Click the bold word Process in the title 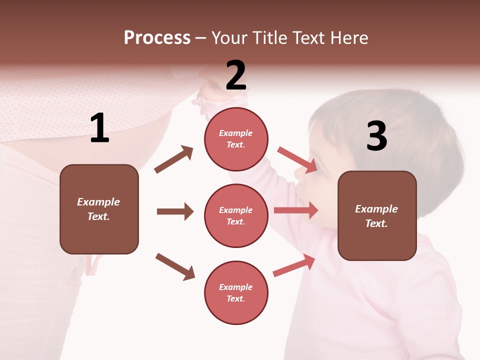[157, 37]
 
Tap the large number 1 [99, 128]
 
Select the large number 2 [236, 75]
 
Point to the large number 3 [376, 136]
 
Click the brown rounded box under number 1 [99, 209]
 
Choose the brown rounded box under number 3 [377, 215]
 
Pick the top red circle [236, 139]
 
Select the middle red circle [236, 215]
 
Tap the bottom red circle [236, 292]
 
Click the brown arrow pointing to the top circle [174, 159]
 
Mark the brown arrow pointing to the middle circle [175, 211]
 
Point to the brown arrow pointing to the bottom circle [175, 266]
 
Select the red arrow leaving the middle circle [296, 210]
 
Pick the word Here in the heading [349, 37]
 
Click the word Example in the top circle [235, 133]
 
